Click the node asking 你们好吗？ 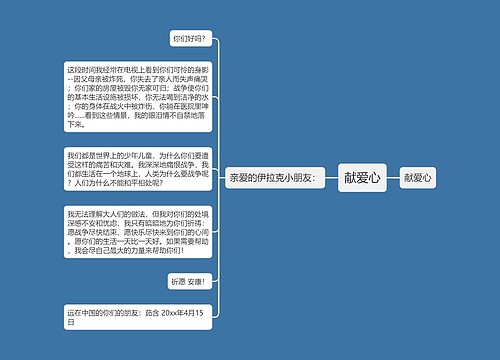click(x=188, y=39)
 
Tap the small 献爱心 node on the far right click(x=419, y=177)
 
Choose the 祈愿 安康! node click(x=188, y=281)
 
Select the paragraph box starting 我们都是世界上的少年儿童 click(x=139, y=171)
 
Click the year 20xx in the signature click(x=169, y=313)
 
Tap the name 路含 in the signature click(x=151, y=313)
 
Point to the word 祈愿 click(x=178, y=281)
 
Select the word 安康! click(x=196, y=281)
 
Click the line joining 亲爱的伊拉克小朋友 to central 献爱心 click(x=330, y=177)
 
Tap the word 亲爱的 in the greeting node click(x=241, y=177)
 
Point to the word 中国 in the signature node click(x=84, y=313)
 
